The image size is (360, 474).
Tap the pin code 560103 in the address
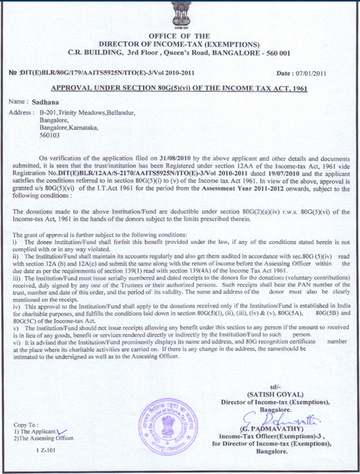tap(49, 136)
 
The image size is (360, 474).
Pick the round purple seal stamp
tap(168, 426)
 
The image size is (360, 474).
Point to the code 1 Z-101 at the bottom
tap(46, 450)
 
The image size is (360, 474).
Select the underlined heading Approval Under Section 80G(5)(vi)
tap(179, 88)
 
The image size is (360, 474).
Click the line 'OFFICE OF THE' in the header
tap(179, 36)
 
